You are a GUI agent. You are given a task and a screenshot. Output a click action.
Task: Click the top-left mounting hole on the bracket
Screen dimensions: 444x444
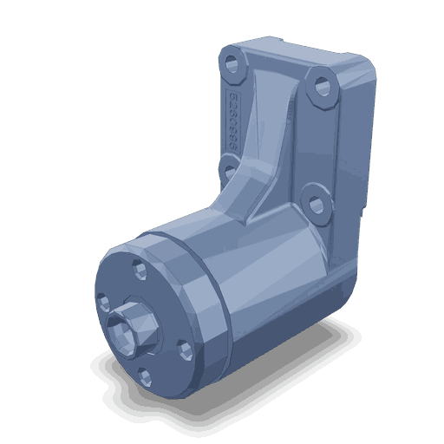click(231, 62)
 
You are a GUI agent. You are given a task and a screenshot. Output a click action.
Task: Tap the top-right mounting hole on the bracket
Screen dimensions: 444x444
click(323, 87)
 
